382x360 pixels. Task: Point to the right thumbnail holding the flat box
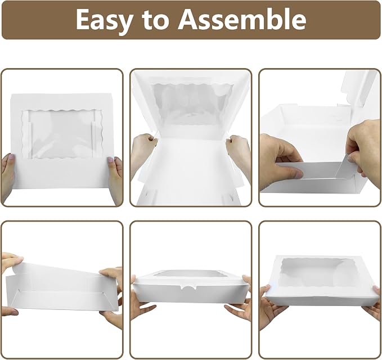click(111, 160)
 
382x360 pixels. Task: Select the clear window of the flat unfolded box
click(62, 133)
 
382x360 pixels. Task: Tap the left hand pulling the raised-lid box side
click(143, 151)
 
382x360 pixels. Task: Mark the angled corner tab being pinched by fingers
click(344, 165)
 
